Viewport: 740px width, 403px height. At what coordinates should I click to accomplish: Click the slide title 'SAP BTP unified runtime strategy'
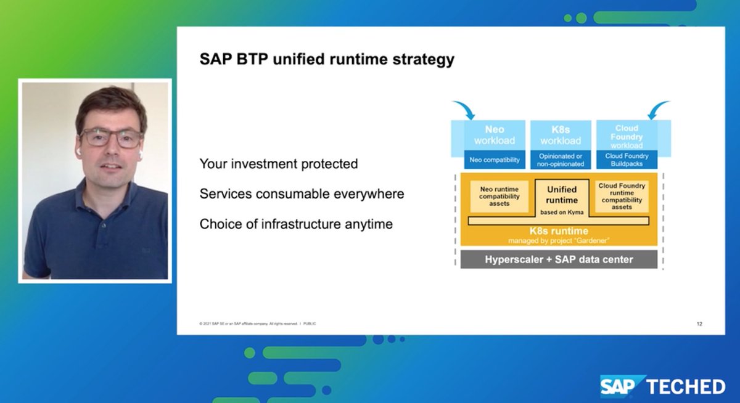[327, 60]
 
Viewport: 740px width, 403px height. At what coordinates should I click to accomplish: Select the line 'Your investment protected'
[278, 164]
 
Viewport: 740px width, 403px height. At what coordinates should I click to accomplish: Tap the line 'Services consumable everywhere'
[302, 193]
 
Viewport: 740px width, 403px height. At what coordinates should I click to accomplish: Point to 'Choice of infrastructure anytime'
[296, 224]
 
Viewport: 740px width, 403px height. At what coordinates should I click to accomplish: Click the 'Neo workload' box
[494, 135]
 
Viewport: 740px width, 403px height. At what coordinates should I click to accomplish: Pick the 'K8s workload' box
[561, 135]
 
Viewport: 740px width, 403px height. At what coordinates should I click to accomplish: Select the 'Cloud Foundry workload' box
[627, 136]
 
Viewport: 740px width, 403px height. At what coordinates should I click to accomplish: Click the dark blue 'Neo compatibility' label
[494, 160]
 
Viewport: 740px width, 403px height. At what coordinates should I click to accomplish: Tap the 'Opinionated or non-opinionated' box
[561, 160]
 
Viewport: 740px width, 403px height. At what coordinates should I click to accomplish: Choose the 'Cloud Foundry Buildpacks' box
[627, 160]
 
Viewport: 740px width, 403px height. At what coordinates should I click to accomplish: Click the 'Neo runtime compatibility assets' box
[499, 196]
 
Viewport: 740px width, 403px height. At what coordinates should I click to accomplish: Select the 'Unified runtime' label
[562, 195]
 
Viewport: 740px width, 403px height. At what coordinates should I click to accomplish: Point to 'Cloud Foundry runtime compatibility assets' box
[622, 196]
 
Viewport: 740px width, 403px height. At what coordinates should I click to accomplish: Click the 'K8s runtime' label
[561, 232]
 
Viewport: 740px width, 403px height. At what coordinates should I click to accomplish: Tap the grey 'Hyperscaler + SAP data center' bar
[559, 259]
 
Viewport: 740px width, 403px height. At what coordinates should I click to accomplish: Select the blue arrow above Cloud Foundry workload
[657, 110]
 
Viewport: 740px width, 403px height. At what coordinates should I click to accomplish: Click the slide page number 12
[699, 324]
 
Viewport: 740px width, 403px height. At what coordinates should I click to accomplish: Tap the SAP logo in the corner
[622, 386]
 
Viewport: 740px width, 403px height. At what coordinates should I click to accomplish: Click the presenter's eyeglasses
[111, 138]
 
